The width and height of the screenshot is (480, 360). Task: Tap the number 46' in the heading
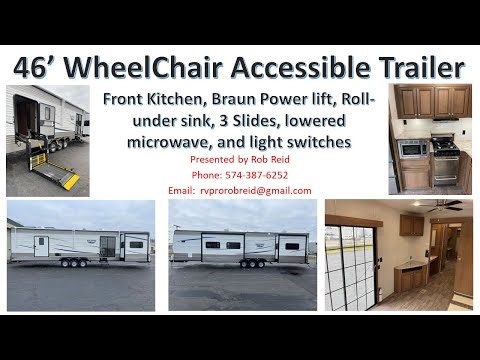pyautogui.click(x=37, y=68)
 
